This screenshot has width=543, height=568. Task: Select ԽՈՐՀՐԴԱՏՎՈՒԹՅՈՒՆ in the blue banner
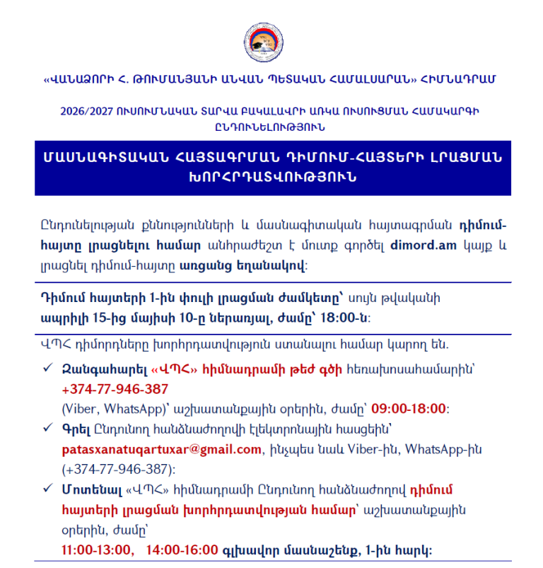(x=272, y=177)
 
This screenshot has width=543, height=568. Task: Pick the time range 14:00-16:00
(x=183, y=550)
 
